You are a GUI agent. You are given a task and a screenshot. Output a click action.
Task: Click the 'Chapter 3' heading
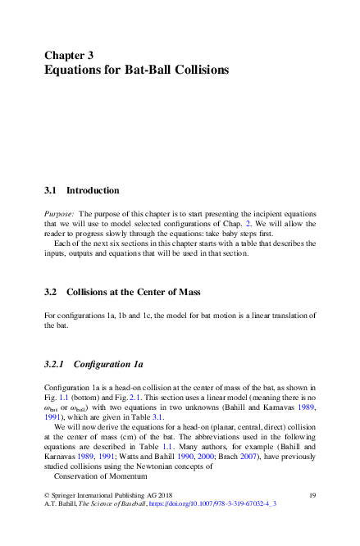tap(69, 55)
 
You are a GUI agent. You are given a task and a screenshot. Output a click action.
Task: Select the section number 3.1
tap(49, 190)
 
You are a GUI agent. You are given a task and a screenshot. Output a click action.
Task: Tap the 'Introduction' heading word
tap(93, 190)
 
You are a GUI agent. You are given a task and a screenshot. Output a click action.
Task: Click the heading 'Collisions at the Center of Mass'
tap(139, 290)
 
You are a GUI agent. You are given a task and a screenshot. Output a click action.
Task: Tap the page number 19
tap(312, 495)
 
